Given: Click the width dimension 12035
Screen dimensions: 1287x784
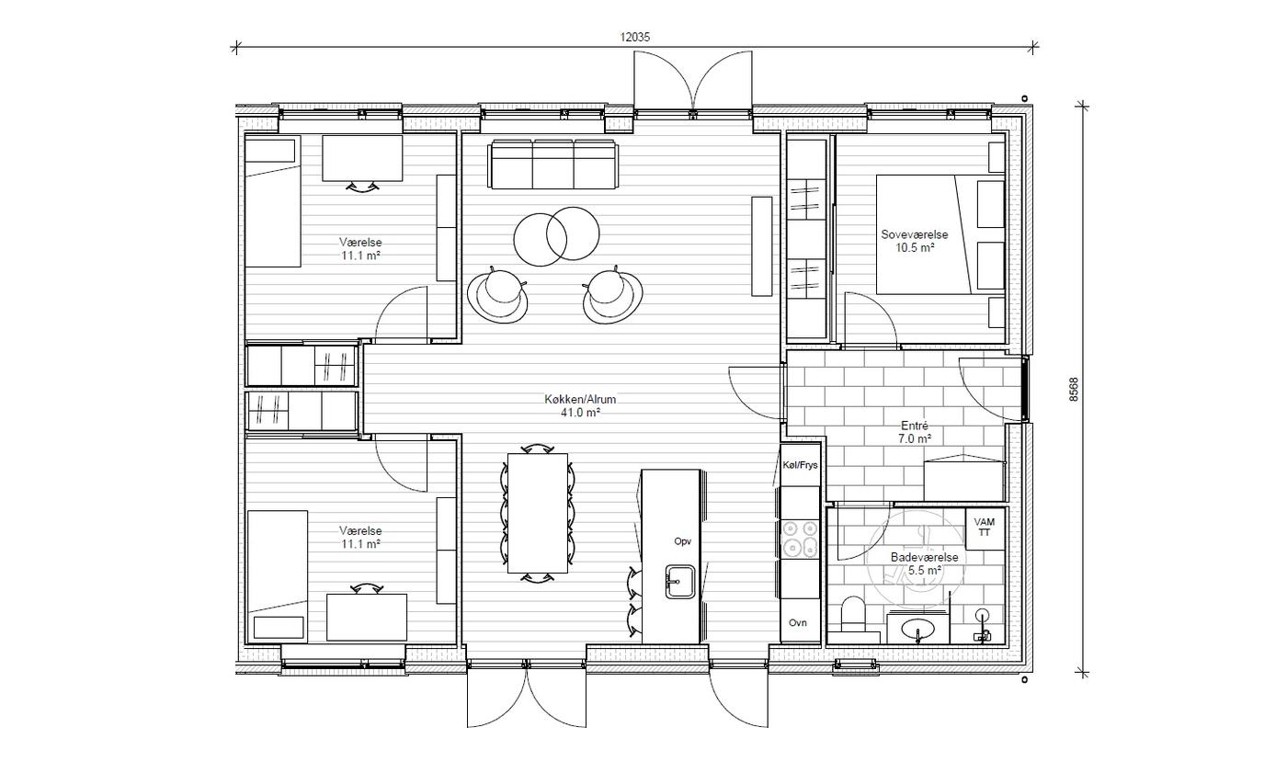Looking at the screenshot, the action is click(635, 38).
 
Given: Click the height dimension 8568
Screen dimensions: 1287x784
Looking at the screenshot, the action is click(1074, 389).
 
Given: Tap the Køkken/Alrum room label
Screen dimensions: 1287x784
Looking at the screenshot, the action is click(580, 399).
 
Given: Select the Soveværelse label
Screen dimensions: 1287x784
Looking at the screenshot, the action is click(915, 234).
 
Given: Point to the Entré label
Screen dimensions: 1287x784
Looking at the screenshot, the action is click(915, 426).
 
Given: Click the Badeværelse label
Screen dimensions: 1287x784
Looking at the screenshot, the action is click(925, 557).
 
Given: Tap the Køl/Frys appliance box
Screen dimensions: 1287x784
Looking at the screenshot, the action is click(800, 465).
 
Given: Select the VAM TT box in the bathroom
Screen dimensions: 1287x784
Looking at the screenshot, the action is click(985, 528).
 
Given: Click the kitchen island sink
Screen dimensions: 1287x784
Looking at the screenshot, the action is click(680, 582).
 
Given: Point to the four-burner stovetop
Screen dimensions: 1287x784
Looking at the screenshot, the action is click(800, 539).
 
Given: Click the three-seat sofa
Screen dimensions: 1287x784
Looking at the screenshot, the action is click(553, 165).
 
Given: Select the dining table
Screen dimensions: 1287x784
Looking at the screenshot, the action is click(538, 513).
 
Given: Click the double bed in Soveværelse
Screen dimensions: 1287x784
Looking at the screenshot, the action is click(940, 234).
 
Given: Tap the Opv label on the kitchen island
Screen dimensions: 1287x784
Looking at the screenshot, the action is click(682, 541).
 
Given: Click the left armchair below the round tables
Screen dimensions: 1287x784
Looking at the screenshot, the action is click(497, 295).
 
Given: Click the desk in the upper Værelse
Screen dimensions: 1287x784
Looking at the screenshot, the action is click(362, 158).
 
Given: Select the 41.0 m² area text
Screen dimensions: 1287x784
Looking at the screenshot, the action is click(580, 412).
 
